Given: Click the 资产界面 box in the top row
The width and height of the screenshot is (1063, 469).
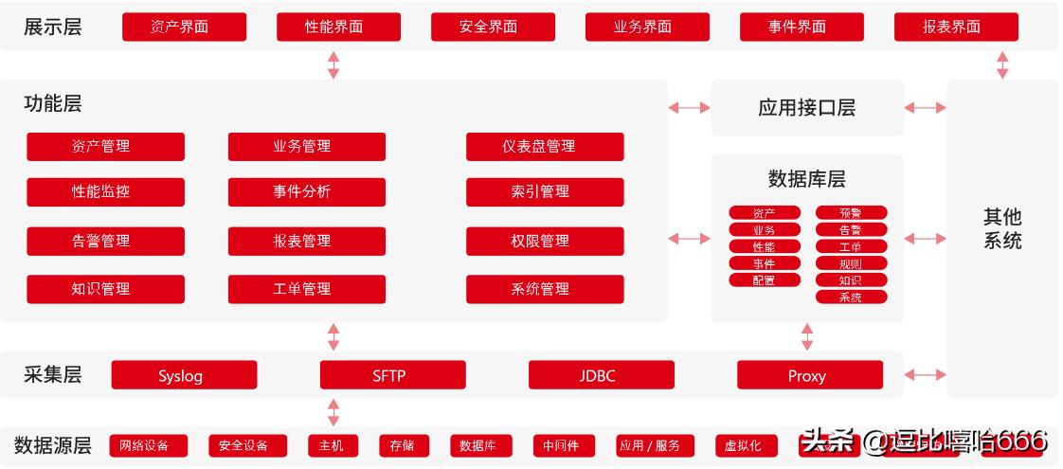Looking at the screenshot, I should (x=184, y=27).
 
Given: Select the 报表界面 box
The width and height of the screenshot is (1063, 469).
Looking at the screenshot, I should (x=956, y=27).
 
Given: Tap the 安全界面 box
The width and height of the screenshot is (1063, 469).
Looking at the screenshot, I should (x=493, y=27).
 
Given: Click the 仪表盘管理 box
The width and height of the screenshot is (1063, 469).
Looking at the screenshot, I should (x=545, y=147).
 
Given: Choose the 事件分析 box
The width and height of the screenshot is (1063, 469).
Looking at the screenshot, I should (x=306, y=192).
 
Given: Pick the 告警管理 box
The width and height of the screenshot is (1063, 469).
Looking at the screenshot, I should (x=105, y=242).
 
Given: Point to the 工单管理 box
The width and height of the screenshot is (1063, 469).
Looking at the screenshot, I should (x=306, y=289).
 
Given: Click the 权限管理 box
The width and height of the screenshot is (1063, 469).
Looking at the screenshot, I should (x=545, y=242).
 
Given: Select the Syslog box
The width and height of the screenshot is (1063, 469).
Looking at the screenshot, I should (x=184, y=375).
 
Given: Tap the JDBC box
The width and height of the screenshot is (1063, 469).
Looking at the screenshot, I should (x=601, y=375).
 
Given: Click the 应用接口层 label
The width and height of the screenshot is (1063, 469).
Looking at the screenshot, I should (x=806, y=108).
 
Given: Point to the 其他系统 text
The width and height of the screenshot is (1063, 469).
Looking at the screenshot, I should (x=1002, y=228).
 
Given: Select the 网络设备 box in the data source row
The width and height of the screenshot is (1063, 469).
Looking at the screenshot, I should (x=149, y=445).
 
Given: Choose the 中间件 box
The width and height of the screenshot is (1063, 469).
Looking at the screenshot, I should (x=561, y=445).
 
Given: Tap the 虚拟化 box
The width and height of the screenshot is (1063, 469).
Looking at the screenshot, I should (x=744, y=445).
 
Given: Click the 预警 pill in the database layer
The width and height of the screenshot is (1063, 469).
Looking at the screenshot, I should (x=851, y=213).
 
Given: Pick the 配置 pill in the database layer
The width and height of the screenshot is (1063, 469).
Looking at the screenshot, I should (x=764, y=280).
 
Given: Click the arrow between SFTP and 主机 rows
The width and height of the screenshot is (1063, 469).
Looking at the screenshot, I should (x=333, y=412).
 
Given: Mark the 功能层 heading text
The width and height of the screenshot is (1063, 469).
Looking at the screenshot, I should (x=53, y=104).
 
